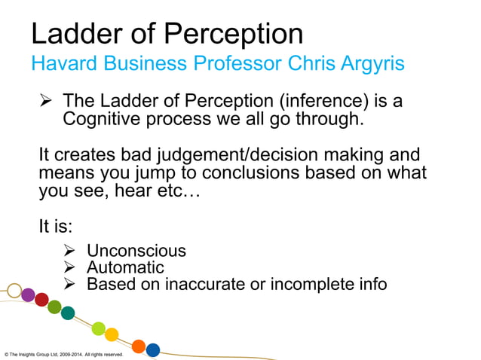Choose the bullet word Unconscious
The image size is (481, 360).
tap(136, 251)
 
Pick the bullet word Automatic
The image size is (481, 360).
tap(125, 267)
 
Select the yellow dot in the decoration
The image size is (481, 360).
tap(112, 334)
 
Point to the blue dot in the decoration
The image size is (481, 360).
tap(153, 349)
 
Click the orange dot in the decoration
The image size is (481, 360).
tap(139, 346)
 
